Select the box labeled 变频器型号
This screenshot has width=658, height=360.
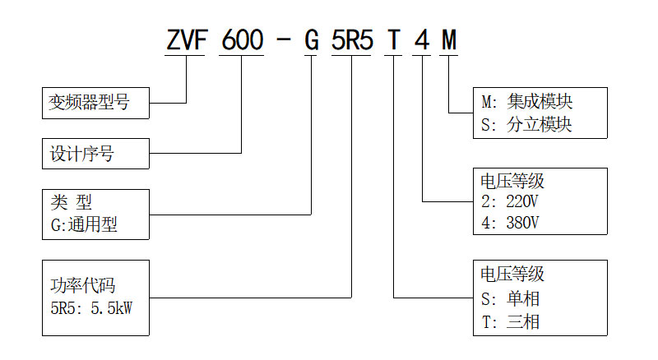(x=95, y=104)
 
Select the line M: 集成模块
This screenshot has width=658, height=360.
(x=526, y=102)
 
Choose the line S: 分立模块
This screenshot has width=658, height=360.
(x=526, y=126)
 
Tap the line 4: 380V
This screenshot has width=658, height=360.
(x=510, y=223)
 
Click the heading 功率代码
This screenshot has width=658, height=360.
(x=82, y=287)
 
